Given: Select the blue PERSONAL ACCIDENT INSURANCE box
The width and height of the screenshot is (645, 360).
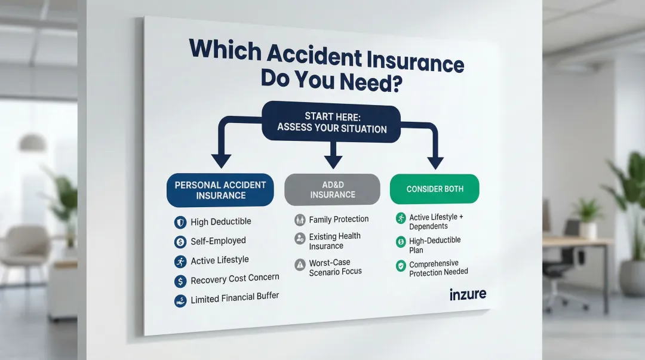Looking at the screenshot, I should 220,190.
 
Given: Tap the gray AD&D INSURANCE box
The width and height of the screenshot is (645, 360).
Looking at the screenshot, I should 332,189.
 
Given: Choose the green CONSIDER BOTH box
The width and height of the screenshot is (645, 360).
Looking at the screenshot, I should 435,189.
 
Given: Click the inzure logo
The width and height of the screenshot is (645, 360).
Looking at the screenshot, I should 468,294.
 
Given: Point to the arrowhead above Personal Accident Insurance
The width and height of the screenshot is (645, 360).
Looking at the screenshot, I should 221,160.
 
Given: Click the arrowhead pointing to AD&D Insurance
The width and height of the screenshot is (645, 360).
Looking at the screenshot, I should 332,161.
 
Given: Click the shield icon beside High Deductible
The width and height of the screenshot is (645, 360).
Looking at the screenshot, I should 180,222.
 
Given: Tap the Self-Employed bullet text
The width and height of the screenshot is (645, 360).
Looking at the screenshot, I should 218,241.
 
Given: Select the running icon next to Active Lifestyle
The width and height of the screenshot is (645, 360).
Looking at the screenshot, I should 180,261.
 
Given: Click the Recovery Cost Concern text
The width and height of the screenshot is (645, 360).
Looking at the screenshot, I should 235,279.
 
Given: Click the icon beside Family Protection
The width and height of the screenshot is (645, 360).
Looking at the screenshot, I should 300,220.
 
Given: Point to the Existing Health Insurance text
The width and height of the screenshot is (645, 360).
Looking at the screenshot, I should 334,241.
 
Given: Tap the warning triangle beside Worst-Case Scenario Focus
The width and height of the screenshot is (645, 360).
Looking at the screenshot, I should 300,263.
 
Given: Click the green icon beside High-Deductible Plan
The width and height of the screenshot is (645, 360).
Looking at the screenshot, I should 401,242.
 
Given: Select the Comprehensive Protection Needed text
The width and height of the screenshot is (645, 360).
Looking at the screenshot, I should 438,267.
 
